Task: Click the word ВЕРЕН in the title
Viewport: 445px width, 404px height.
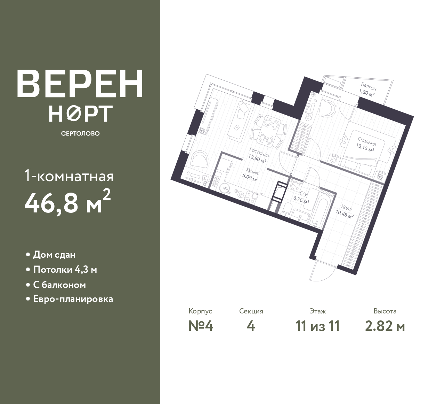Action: (80, 84)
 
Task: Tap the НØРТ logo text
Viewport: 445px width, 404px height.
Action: (81, 114)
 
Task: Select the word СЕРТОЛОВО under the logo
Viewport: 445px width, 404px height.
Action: (80, 133)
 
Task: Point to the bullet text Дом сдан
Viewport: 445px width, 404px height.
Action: (54, 255)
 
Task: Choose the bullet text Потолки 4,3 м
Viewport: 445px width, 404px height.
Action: (65, 270)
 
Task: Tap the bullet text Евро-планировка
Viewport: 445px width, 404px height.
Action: (73, 299)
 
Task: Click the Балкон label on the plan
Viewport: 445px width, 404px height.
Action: (369, 87)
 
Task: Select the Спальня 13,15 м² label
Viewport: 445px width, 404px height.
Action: (366, 145)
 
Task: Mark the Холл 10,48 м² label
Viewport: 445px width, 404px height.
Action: (345, 212)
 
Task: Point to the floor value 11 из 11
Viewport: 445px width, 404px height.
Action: (318, 326)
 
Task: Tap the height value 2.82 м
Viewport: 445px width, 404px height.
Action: (385, 326)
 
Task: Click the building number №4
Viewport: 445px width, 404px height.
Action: (201, 326)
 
